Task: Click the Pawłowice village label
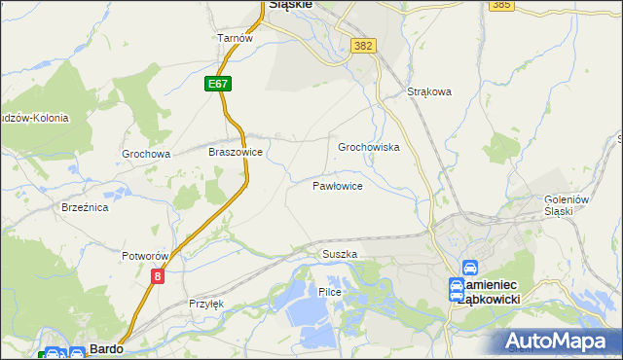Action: [x=338, y=185]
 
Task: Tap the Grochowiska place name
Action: [x=369, y=147]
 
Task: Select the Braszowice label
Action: [x=236, y=153]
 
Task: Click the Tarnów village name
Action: [x=236, y=38]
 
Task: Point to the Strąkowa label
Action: [x=429, y=93]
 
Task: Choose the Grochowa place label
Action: [x=146, y=154]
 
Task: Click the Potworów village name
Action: [x=146, y=256]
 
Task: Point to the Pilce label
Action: [x=329, y=292]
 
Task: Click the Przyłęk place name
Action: [x=206, y=304]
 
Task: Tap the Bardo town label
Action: [x=105, y=347]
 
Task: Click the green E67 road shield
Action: [x=218, y=85]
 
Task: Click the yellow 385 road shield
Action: [x=501, y=5]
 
